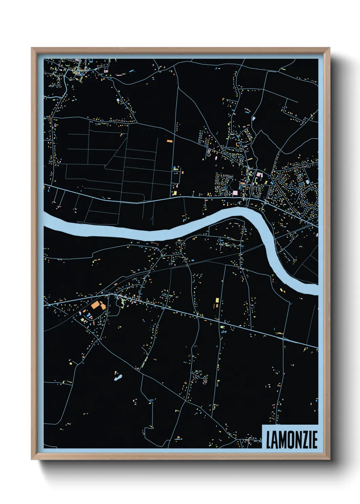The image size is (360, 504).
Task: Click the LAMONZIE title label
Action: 291,440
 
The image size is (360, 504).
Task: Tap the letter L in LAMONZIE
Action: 268,440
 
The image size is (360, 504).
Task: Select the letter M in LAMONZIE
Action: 281,440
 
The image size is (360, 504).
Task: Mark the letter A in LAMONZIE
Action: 274,440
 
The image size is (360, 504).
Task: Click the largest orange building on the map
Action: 95,305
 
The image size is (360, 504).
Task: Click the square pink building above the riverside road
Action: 235,193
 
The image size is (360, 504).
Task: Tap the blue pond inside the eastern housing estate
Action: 308,182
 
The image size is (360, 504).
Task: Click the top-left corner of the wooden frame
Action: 32,48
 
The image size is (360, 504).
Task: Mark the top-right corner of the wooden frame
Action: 329,48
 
